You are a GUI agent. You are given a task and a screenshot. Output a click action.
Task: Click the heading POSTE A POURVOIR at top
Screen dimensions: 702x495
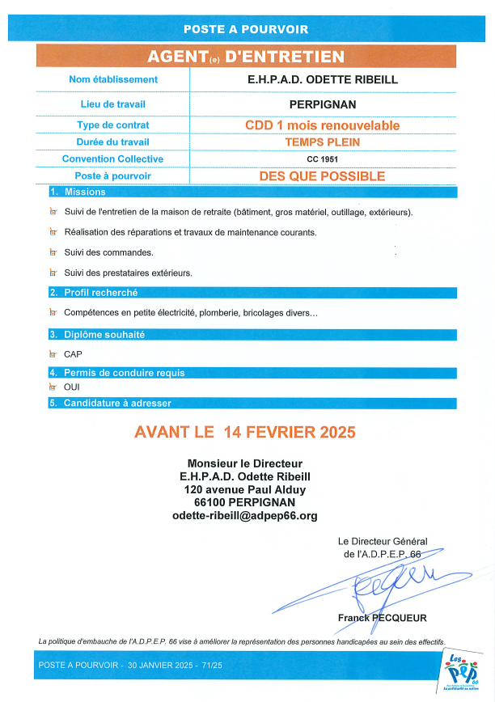(246, 28)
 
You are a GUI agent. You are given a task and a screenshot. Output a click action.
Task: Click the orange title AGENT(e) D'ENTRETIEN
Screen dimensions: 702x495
(246, 56)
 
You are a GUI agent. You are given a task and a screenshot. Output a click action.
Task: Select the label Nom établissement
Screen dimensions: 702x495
(113, 79)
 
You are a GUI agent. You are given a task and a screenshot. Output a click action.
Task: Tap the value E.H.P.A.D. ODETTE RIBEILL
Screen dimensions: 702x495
(322, 79)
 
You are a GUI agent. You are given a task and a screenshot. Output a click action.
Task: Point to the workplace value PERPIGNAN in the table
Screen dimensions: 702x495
(322, 104)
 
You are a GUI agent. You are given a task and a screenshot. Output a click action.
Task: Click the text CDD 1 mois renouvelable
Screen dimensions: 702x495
(322, 125)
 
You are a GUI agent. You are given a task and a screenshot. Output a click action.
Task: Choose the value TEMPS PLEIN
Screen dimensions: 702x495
(322, 142)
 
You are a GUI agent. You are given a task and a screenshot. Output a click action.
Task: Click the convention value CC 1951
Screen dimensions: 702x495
(322, 159)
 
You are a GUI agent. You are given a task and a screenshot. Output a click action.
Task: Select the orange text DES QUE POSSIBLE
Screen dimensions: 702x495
(322, 175)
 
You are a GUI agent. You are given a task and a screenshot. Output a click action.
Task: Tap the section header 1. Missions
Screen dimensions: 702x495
(78, 192)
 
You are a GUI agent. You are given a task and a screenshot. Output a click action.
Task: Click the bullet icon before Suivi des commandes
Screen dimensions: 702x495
(53, 252)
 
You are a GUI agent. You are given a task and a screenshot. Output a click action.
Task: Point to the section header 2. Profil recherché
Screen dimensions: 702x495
(94, 293)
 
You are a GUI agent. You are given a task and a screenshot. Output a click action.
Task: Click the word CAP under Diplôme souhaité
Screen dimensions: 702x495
(73, 353)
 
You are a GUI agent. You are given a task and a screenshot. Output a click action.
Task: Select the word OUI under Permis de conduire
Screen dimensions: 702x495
(72, 387)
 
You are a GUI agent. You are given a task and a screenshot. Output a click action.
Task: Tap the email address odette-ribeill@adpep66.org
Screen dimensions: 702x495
(245, 515)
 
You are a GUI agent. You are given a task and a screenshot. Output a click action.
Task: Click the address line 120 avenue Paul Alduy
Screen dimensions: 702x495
(245, 489)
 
